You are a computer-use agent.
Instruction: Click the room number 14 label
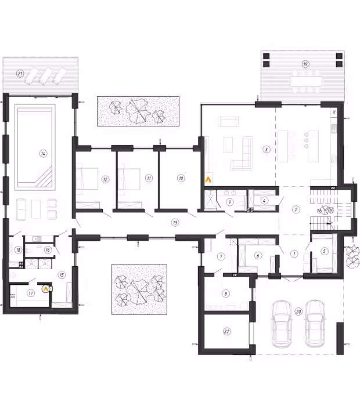click(x=44, y=154)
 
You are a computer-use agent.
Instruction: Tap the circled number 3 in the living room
click(x=266, y=149)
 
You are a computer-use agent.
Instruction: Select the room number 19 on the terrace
click(x=305, y=64)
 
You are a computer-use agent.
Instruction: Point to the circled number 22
click(x=226, y=331)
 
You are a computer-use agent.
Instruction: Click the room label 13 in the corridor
click(x=175, y=222)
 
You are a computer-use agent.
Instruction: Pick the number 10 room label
click(x=181, y=178)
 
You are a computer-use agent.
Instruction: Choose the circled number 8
click(x=226, y=293)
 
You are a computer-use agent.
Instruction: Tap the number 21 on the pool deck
click(x=20, y=74)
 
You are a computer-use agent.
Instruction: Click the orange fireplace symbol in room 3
click(x=208, y=179)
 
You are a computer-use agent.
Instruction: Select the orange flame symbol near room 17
click(x=46, y=288)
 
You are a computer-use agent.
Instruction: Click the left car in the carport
click(x=282, y=324)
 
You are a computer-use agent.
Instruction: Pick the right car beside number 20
click(x=315, y=324)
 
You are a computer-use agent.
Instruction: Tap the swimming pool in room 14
click(x=35, y=147)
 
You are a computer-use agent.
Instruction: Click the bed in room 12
click(x=87, y=179)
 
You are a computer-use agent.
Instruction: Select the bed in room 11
click(x=129, y=179)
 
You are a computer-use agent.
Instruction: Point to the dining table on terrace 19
click(x=306, y=81)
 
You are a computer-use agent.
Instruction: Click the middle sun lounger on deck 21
click(x=46, y=75)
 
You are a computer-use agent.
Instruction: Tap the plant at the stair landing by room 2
click(x=324, y=210)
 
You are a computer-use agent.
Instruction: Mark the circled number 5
click(x=324, y=251)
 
